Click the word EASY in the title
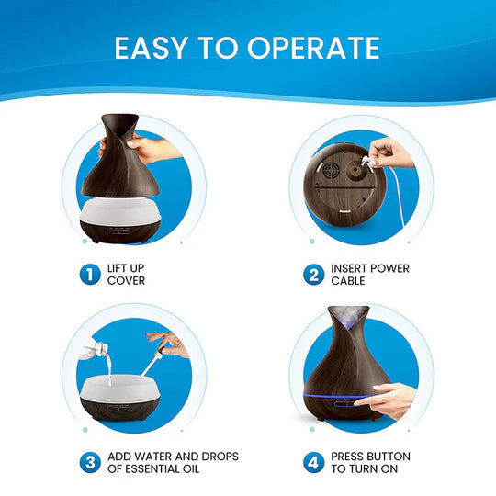click(x=153, y=48)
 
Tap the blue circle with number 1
click(x=88, y=273)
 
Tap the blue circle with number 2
click(x=314, y=273)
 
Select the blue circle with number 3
click(x=88, y=462)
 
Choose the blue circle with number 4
click(x=314, y=462)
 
